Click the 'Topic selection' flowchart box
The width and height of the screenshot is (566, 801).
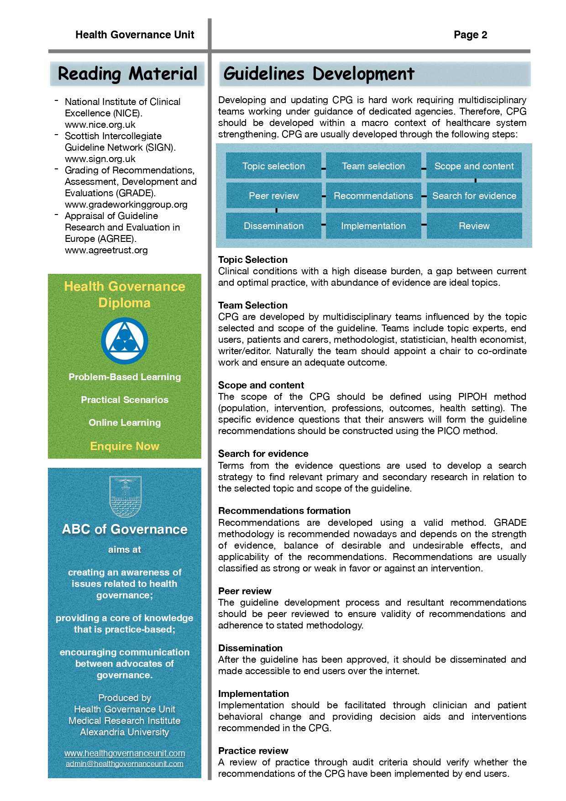pos(273,166)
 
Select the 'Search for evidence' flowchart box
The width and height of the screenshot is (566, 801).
pos(474,196)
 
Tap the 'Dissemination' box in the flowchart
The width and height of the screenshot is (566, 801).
pos(273,226)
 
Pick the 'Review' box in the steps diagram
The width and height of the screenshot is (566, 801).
pos(474,226)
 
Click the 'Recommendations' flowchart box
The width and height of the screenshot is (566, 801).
pos(373,196)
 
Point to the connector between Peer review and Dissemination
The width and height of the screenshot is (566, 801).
pos(277,210)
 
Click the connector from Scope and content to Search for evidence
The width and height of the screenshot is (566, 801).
pos(476,181)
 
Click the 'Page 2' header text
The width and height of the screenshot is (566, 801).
pos(470,35)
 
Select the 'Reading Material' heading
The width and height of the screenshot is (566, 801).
pos(127,74)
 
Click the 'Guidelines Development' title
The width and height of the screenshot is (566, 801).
pos(319,74)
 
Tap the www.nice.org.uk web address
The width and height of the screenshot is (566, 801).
pos(100,125)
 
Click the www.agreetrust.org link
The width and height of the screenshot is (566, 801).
pos(106,250)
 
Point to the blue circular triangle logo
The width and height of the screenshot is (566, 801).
pos(124,341)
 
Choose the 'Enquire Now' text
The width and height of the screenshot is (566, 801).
pos(125,446)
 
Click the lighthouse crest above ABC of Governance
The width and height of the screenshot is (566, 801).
pos(125,497)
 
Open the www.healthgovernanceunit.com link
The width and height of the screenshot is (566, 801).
pos(125,753)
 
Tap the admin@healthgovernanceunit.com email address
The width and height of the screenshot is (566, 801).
pos(125,764)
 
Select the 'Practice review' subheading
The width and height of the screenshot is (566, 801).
pos(253,751)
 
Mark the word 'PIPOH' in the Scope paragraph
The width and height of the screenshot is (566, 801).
pos(472,397)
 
